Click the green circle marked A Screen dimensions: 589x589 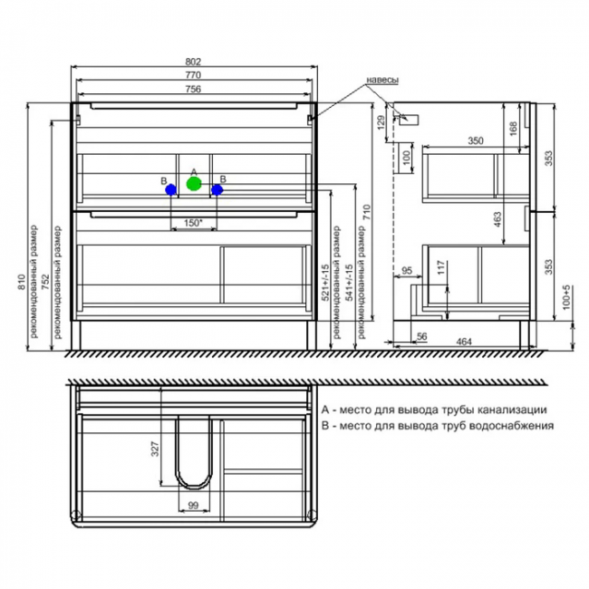tap(194, 184)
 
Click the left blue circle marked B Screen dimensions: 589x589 tap(171, 189)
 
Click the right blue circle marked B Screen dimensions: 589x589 tap(217, 189)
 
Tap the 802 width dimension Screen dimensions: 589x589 tap(193, 62)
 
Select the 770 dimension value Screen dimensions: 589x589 tap(193, 74)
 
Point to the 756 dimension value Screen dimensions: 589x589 tap(193, 89)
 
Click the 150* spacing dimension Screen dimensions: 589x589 tap(193, 223)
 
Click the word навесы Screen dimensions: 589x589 tap(382, 80)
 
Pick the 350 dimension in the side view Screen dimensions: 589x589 tap(476, 140)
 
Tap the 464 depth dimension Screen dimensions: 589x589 tap(464, 342)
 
